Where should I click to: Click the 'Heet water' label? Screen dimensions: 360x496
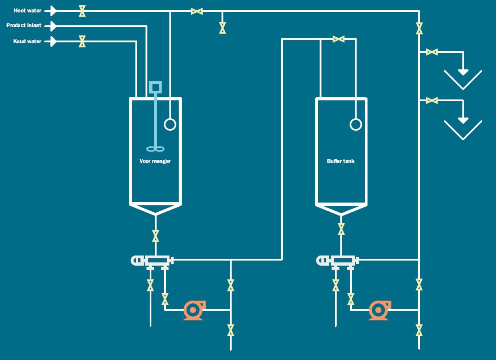28,11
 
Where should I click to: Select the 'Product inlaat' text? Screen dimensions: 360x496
24,26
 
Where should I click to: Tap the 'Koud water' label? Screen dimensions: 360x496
27,41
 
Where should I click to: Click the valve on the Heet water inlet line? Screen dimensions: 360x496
82,11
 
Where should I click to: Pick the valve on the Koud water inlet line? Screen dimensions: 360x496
82,41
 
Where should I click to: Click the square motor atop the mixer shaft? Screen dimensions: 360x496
156,87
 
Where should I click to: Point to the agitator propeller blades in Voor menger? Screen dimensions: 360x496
155,148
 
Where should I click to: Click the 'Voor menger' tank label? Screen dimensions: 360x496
155,161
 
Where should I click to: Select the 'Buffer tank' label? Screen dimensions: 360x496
341,161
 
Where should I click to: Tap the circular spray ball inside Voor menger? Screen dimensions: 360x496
170,124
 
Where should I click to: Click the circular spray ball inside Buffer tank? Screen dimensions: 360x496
356,124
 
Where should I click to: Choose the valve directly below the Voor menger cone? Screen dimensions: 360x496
156,236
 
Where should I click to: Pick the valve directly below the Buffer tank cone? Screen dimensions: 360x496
341,229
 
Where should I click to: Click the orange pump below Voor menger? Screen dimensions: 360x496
194,310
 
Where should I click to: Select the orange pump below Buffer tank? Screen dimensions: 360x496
379,310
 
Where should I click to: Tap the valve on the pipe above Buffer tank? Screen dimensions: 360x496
338,40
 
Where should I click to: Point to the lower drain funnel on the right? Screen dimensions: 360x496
463,129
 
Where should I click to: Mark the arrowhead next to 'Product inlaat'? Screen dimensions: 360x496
53,26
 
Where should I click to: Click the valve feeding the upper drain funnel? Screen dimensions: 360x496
432,52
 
